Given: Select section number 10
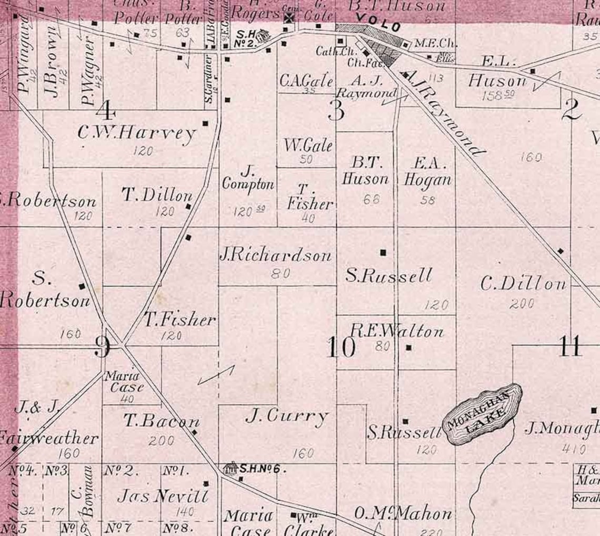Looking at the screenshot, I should [x=341, y=347].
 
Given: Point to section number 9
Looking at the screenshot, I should [x=102, y=346].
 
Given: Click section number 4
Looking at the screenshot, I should [x=106, y=110].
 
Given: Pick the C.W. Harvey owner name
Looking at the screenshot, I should [x=137, y=133].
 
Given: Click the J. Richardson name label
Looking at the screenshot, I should [x=275, y=255].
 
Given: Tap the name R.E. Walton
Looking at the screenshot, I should [x=397, y=332].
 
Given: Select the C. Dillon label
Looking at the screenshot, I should [x=523, y=284].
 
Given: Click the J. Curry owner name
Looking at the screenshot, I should [x=287, y=417].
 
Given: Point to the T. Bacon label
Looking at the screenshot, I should [x=162, y=421].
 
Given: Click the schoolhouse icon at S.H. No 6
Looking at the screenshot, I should [x=230, y=468].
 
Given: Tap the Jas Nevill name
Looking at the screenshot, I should [x=163, y=496].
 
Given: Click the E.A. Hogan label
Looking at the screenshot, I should [x=427, y=171].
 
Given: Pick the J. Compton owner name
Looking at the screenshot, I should [x=248, y=178].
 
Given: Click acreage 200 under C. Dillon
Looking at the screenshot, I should [x=522, y=303].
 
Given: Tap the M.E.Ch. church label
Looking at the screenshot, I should [x=427, y=44].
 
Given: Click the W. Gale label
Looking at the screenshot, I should [x=308, y=145].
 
